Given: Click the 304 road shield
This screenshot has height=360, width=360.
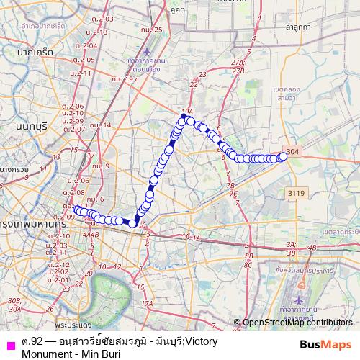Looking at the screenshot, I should [x=291, y=151].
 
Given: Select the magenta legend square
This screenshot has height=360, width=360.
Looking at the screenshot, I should [x=9, y=343].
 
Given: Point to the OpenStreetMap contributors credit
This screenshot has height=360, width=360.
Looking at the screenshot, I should [x=297, y=323].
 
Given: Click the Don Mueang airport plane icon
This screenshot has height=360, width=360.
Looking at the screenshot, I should [x=146, y=53].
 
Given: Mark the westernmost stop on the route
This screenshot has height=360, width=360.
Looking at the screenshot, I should [x=77, y=210].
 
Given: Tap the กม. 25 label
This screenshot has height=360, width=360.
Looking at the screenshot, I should [x=150, y=30].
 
